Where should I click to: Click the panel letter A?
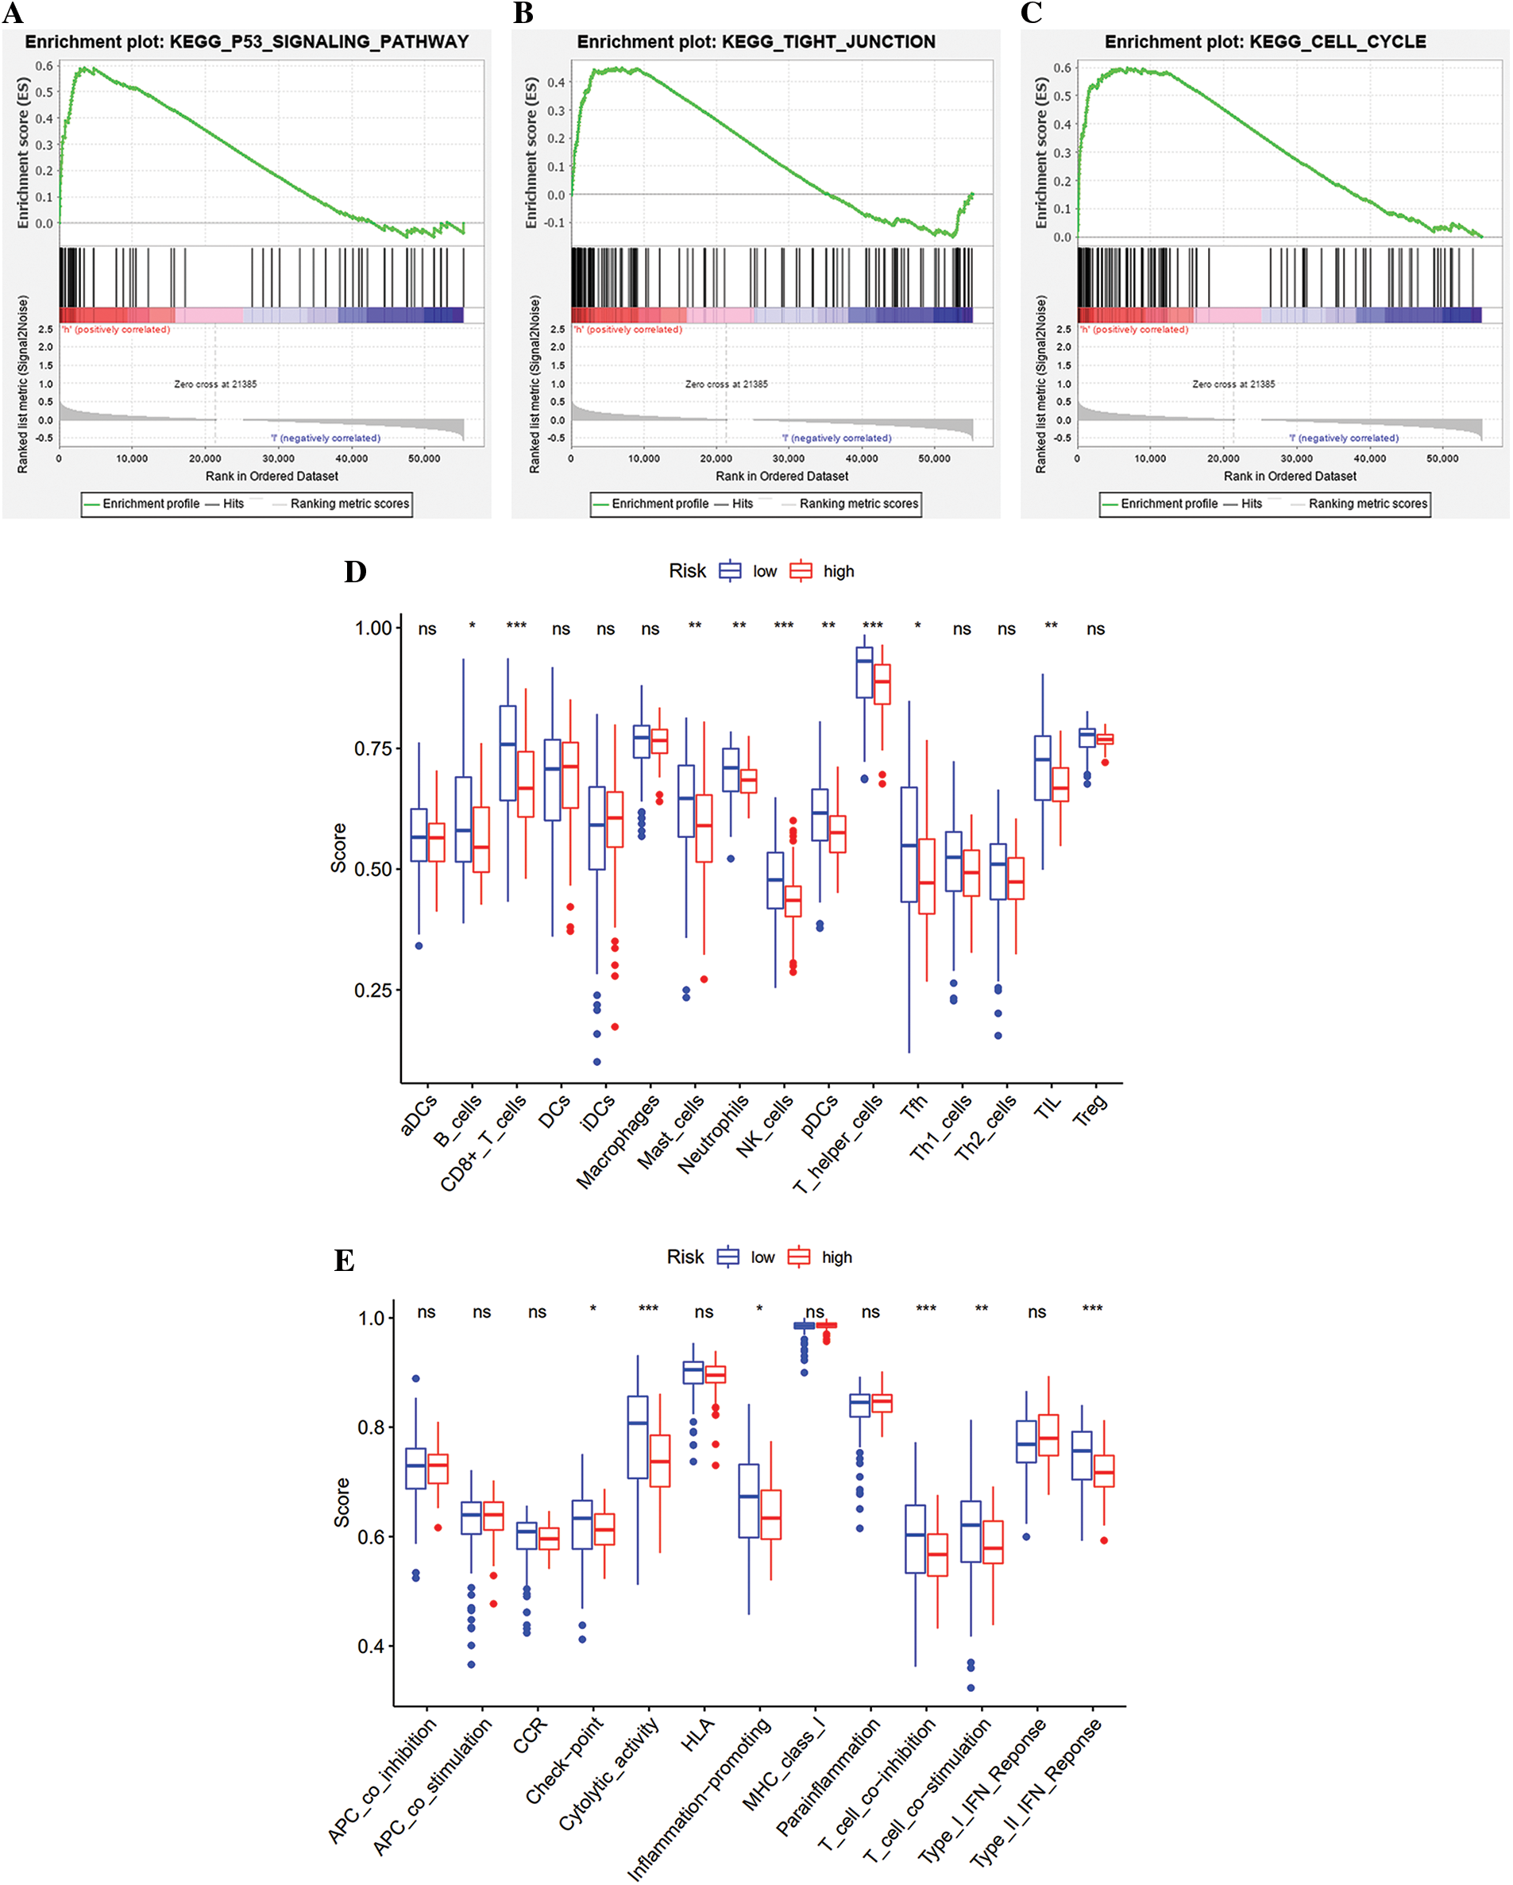tap(14, 14)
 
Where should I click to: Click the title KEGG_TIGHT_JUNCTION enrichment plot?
tap(755, 42)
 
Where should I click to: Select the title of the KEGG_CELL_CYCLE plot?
tap(1264, 42)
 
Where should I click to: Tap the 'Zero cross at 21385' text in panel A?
tap(215, 384)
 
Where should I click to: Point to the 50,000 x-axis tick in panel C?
tap(1442, 458)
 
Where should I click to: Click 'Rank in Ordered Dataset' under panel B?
tap(782, 477)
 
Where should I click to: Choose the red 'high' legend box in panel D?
tap(800, 571)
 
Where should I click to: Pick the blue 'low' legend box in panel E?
tap(728, 1257)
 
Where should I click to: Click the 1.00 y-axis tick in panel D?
tap(373, 628)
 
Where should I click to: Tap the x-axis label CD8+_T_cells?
tap(484, 1141)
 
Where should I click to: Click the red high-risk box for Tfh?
tap(927, 876)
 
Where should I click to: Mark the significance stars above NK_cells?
tap(783, 626)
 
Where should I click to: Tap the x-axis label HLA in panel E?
tap(697, 1734)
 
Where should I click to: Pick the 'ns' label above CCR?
tap(537, 1312)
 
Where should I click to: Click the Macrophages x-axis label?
tap(618, 1141)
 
